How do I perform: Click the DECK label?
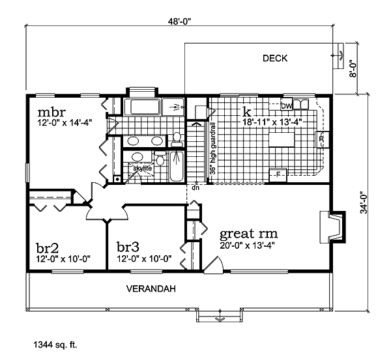[x=275, y=59]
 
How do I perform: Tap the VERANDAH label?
[x=151, y=289]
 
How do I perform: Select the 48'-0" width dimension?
[x=179, y=21]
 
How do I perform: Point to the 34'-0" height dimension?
[x=364, y=202]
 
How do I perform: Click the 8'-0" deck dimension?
[x=353, y=68]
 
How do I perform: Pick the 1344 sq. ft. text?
[x=55, y=345]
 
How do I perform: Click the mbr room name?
[x=51, y=113]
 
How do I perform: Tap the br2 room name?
[x=48, y=247]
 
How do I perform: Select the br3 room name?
[x=128, y=247]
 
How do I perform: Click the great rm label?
[x=249, y=234]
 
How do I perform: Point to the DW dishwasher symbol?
[x=287, y=105]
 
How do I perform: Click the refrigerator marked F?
[x=278, y=175]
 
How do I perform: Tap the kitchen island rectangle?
[x=282, y=140]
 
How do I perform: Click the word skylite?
[x=142, y=169]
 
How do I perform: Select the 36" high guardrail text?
[x=213, y=148]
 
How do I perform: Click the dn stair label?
[x=195, y=187]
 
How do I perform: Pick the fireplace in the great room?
[x=332, y=227]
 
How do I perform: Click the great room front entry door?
[x=214, y=264]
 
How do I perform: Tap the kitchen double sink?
[x=300, y=104]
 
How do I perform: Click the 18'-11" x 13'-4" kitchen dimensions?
[x=272, y=122]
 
